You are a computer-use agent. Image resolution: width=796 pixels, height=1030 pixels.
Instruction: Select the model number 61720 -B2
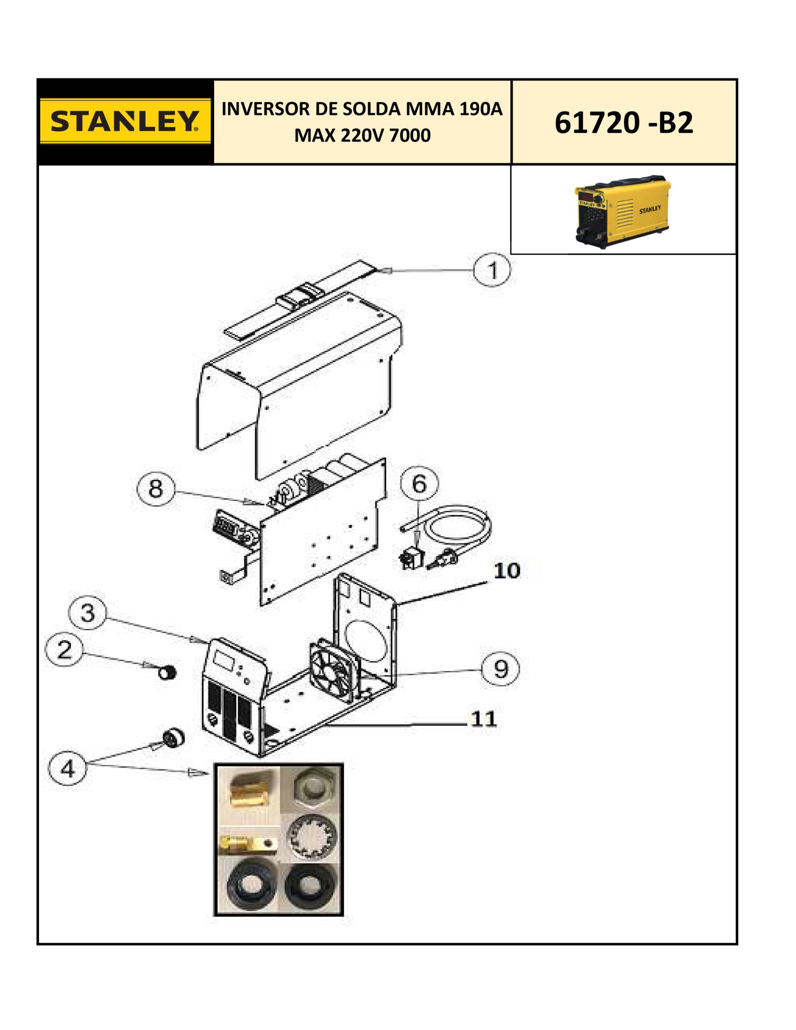pos(623,123)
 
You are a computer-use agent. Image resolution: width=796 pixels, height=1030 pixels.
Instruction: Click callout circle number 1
pos(492,271)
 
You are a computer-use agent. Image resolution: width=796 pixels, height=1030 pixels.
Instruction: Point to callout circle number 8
pos(156,489)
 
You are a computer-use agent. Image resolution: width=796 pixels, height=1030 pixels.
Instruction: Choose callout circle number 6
pos(419,484)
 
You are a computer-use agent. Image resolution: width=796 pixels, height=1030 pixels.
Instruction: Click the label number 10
pos(506,571)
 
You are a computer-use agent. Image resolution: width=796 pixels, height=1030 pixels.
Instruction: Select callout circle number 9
pos(501,668)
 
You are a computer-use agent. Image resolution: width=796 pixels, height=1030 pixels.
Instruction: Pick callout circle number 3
pos(88,614)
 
